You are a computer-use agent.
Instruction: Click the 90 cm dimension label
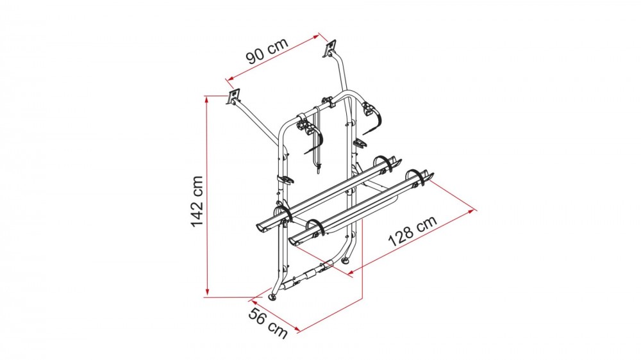pos(268,51)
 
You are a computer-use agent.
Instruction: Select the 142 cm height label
pos(197,201)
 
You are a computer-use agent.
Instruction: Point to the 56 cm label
pos(268,323)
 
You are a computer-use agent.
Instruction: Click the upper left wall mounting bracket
pos(233,97)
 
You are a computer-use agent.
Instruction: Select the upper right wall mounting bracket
pos(329,49)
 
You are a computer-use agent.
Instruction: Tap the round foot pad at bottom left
pos(272,297)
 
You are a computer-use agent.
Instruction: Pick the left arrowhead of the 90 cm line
pos(230,78)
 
